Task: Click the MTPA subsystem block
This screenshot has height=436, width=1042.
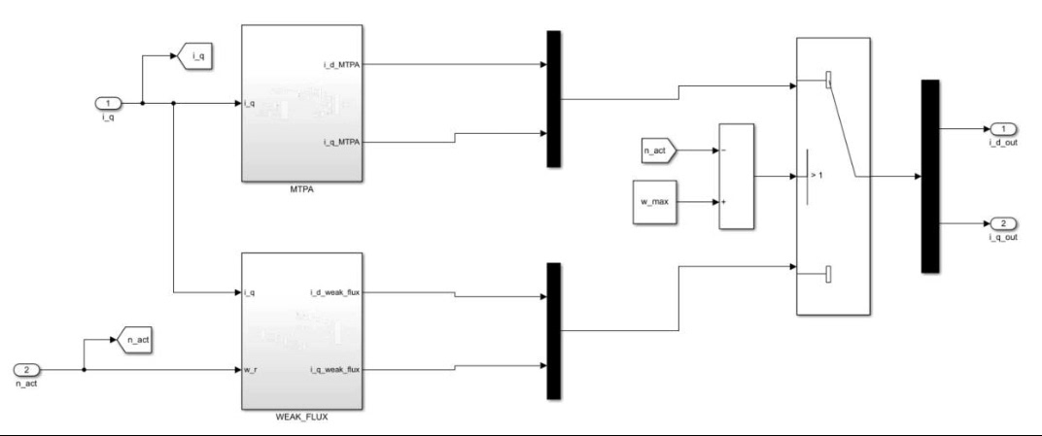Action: coord(301,102)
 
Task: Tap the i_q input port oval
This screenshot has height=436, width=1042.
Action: coord(110,102)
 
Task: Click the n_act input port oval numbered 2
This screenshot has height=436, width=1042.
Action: coord(28,370)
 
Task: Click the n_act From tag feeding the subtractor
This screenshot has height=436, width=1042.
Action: coord(657,151)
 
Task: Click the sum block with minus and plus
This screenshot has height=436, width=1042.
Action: coord(736,177)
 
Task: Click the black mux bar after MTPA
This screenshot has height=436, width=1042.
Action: coord(553,99)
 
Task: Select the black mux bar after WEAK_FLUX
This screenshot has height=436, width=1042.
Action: coord(553,330)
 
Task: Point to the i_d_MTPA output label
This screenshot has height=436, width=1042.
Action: coord(340,65)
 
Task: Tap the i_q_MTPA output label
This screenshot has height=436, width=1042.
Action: coord(340,143)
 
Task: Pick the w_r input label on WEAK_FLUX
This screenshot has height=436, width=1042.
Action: coord(251,370)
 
